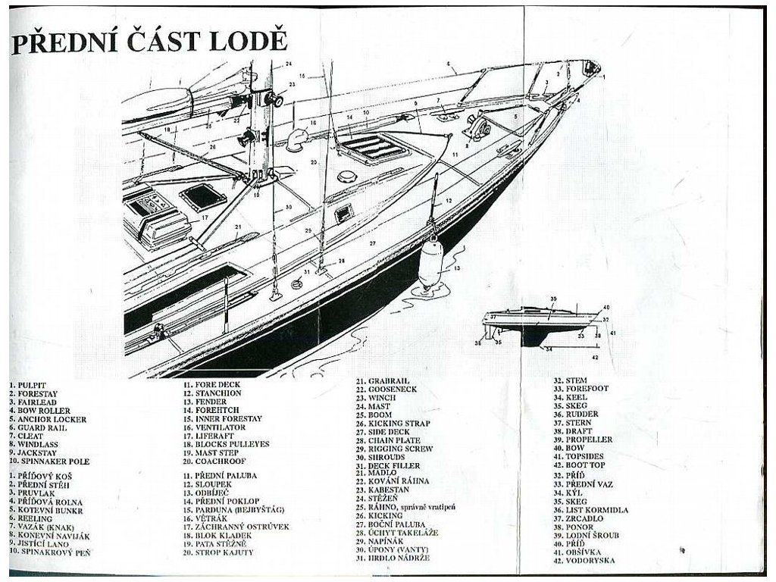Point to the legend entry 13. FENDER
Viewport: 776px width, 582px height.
[206, 402]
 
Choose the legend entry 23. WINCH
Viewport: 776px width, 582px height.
[381, 397]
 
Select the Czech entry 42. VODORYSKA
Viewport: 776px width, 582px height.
[587, 560]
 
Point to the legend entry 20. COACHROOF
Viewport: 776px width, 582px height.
[214, 461]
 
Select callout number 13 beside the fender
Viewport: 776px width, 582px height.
[456, 268]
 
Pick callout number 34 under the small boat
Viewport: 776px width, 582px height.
[548, 349]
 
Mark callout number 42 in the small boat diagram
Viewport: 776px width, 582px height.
[595, 356]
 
